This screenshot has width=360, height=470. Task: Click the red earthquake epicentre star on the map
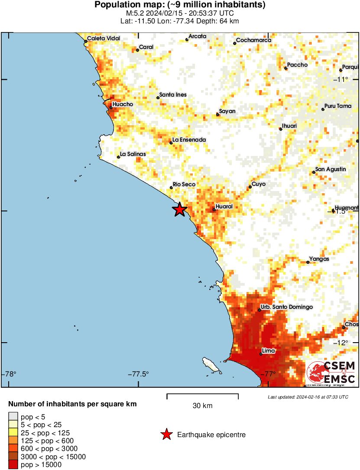point(180,210)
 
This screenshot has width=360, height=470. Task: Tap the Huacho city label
point(123,104)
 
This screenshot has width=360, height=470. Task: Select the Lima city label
point(269,351)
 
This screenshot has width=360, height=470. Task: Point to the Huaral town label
point(224,207)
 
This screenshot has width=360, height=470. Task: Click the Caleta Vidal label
point(104,39)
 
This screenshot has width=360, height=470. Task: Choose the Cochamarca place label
point(254,40)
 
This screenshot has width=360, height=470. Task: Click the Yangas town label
point(319,259)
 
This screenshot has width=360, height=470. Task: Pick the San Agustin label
point(331,169)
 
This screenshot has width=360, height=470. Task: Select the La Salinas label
point(133,154)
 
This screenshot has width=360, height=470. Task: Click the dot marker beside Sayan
point(217,114)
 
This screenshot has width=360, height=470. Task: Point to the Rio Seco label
point(184,185)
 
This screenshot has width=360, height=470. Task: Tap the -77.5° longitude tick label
point(138,374)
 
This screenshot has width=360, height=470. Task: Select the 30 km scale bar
point(202,395)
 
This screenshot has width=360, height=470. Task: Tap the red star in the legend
point(166,434)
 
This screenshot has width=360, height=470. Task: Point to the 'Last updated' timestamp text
point(308,397)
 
